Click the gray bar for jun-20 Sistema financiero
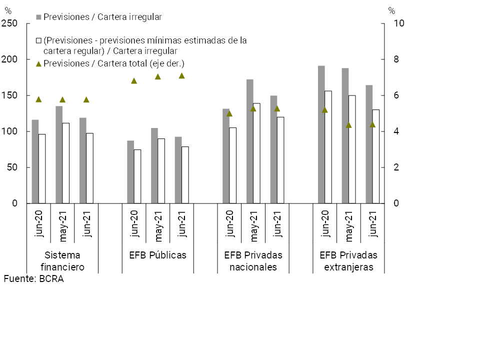tap(35, 161)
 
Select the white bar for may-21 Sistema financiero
tap(65, 163)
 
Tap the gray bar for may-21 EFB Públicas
tap(154, 165)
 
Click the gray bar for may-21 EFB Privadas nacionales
tap(249, 141)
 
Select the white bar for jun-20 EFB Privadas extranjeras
tap(328, 147)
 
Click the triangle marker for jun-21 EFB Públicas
tap(181, 76)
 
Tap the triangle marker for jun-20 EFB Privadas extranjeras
tap(324, 110)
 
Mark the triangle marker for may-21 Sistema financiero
tap(62, 99)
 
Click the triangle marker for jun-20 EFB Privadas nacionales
tap(229, 113)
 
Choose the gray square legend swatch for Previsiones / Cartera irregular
tap(38, 17)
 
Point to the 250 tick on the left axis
tap(9, 23)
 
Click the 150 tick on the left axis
tap(9, 95)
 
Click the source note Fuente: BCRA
tap(33, 279)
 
